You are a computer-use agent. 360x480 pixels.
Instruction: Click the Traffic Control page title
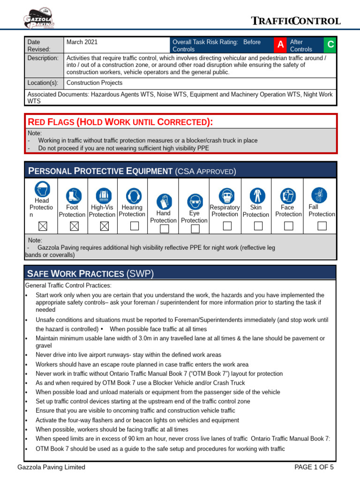point(295,21)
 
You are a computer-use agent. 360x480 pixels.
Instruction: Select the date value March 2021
point(82,42)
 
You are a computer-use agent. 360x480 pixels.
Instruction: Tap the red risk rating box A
point(280,45)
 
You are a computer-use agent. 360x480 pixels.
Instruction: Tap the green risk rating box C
point(330,45)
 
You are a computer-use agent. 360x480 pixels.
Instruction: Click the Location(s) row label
point(43,83)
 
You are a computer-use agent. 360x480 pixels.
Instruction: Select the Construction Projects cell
point(94,83)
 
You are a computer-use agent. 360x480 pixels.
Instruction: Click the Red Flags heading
point(120,122)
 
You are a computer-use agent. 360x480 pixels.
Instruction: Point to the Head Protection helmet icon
point(42,189)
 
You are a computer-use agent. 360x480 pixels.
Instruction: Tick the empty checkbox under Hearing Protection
point(134,226)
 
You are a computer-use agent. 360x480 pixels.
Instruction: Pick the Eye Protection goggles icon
point(195,202)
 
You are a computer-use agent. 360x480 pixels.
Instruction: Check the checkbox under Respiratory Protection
point(227,226)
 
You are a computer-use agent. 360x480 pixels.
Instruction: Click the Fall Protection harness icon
point(320,195)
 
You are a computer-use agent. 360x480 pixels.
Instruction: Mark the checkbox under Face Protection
point(289,226)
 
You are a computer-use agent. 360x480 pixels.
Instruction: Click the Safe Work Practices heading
point(90,273)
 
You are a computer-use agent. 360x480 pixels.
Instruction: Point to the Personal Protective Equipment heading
point(132,171)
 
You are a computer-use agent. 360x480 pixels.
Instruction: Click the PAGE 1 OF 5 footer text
point(314,467)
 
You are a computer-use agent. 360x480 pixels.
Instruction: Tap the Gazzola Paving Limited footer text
point(51,467)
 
